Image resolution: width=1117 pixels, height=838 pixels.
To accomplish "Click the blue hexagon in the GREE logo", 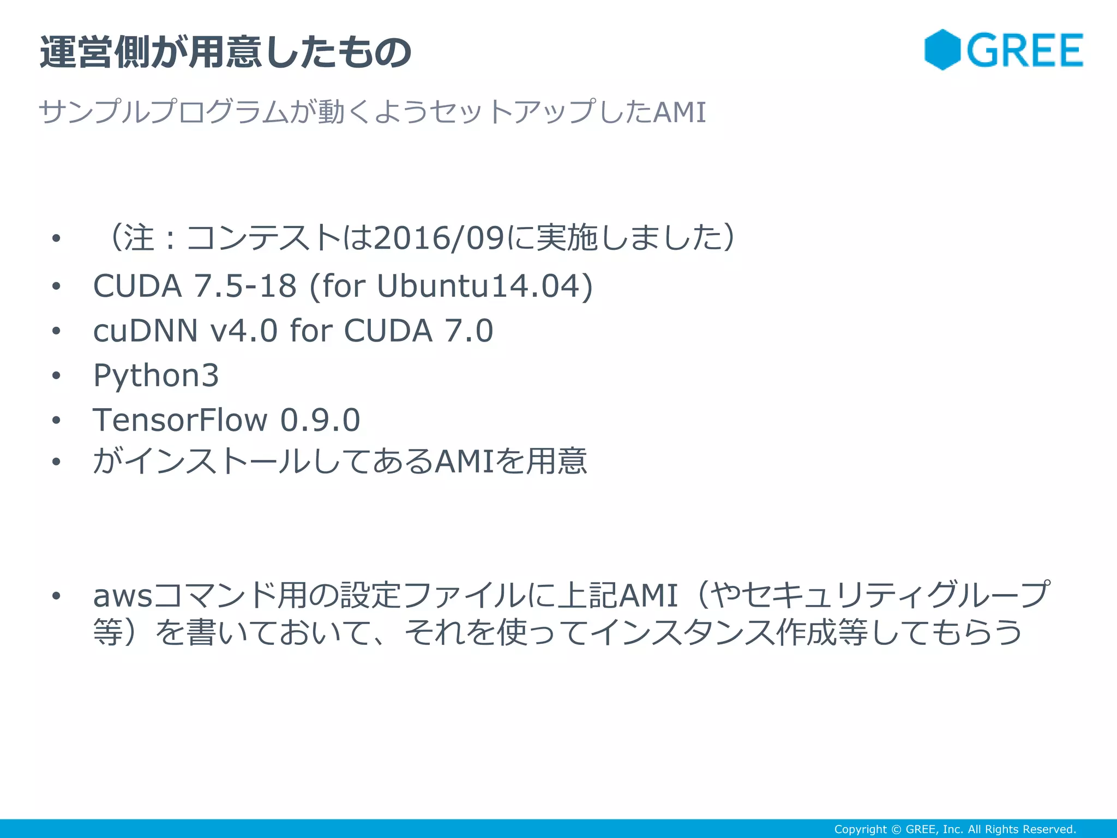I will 942,50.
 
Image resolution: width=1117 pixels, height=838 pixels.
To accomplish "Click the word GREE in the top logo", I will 1025,51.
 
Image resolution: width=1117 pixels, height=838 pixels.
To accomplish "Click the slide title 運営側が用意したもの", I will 225,53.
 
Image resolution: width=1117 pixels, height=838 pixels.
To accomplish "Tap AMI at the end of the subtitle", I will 679,112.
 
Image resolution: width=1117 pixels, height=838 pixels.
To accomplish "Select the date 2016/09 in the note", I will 439,238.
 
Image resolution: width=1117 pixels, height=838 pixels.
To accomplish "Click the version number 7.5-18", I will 245,286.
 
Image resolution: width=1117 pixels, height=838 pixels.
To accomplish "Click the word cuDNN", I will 145,331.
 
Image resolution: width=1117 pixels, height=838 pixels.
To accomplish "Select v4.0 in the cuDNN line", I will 244,331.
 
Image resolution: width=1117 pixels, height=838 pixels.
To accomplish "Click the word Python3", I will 156,375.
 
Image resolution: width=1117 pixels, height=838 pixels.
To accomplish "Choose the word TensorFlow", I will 180,420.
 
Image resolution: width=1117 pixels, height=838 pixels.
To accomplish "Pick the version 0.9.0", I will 320,420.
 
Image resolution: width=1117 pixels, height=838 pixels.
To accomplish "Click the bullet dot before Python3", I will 56,375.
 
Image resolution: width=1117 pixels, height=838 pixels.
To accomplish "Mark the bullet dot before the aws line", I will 56,596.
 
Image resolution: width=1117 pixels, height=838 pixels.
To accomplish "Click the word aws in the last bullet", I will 123,596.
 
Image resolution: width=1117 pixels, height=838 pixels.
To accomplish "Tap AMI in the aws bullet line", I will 648,596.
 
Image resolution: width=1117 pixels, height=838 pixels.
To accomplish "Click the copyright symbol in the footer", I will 896,829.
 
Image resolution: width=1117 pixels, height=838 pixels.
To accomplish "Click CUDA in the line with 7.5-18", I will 137,286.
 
